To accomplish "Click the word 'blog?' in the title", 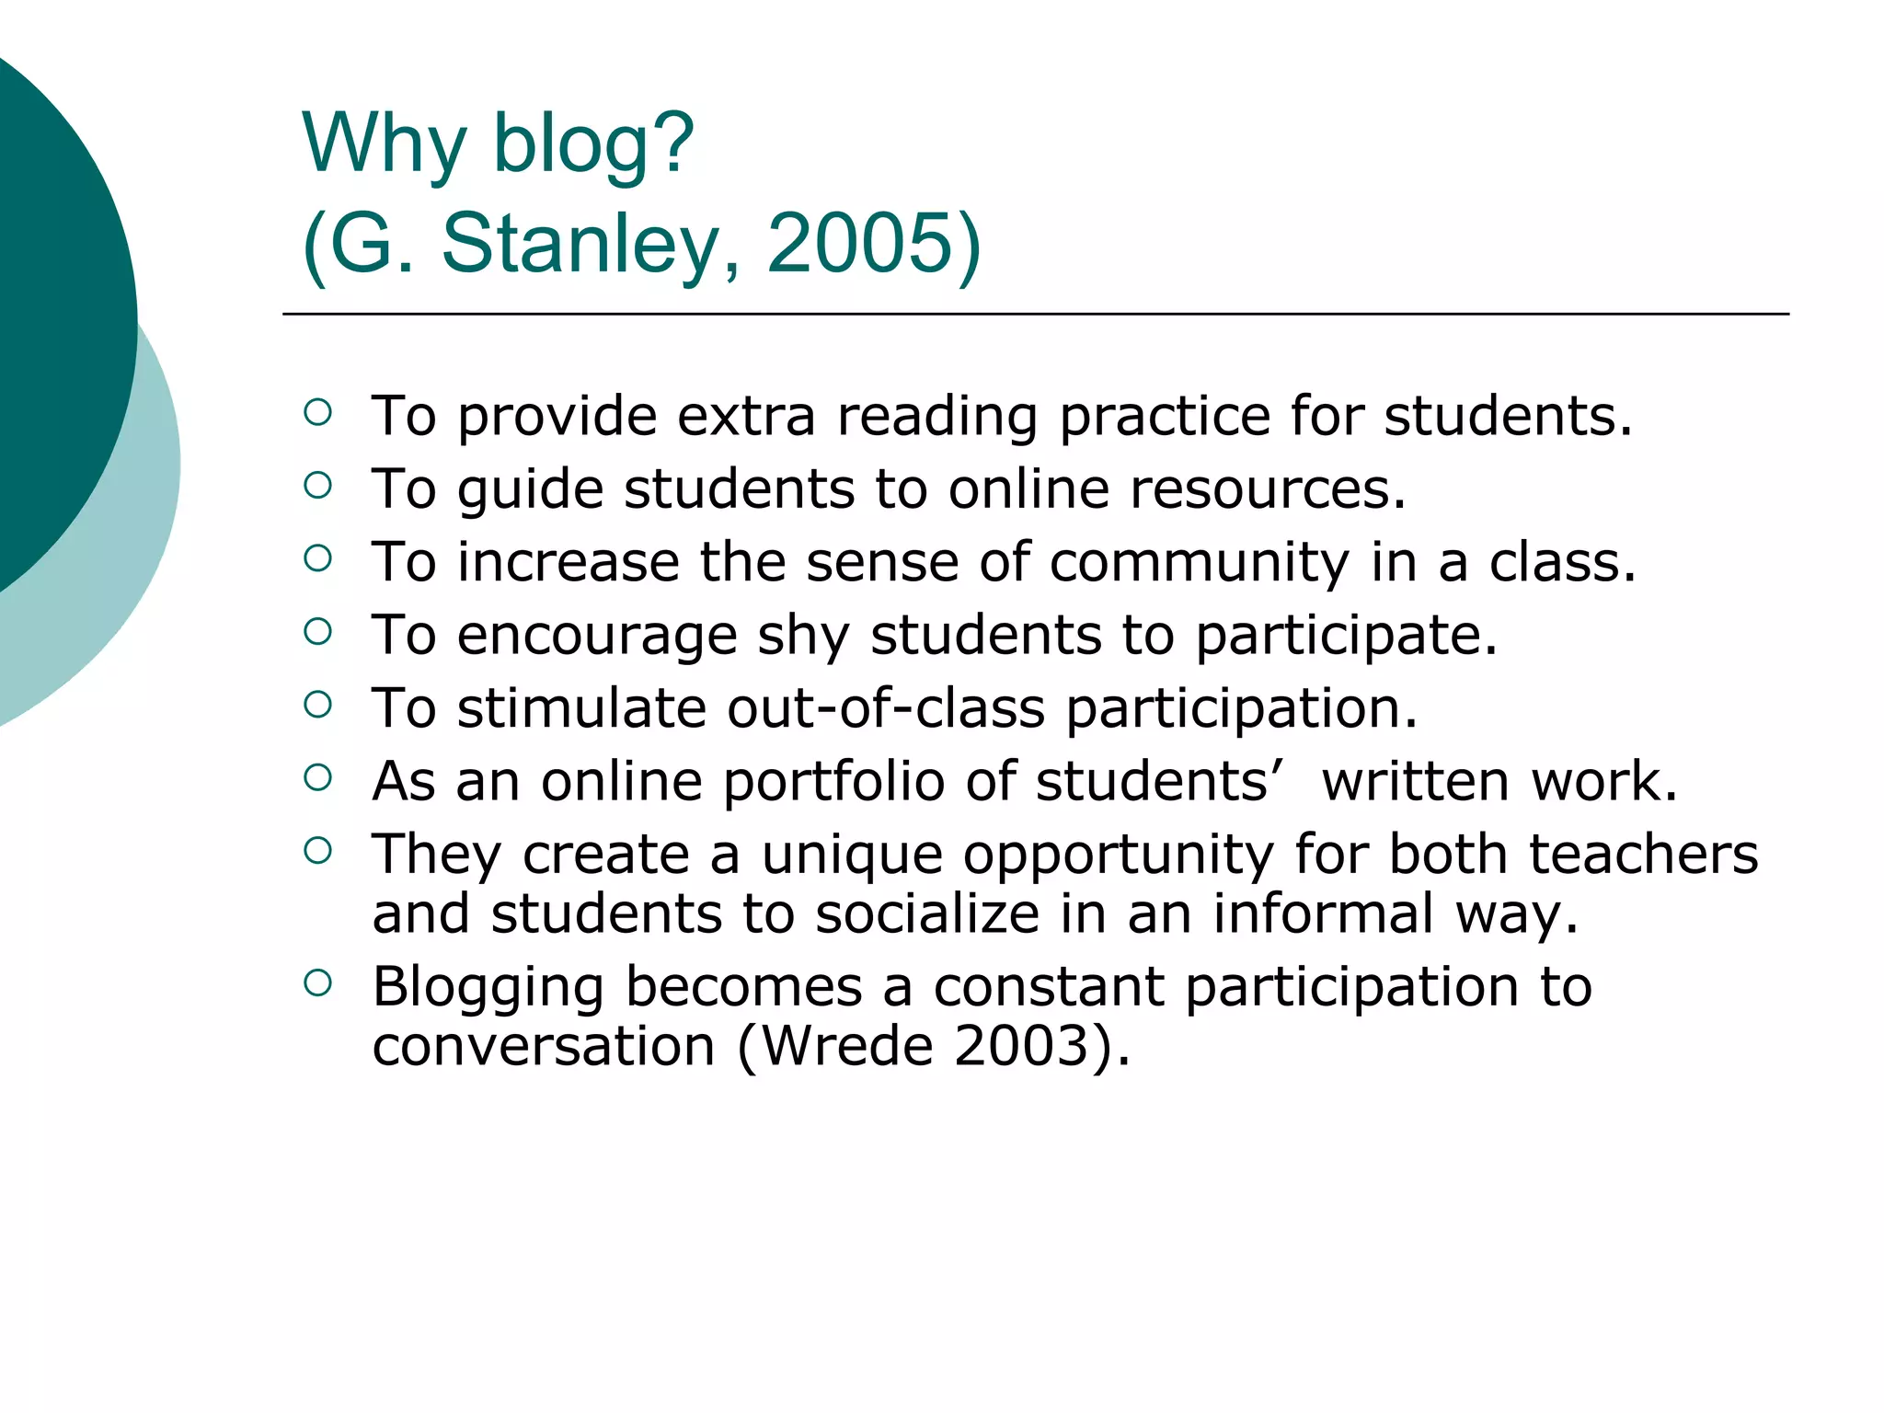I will [593, 144].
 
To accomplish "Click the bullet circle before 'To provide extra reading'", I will [317, 412].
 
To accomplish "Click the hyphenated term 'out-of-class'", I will [886, 708].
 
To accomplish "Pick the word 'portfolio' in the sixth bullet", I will [833, 782].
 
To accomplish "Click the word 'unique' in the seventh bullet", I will [852, 855].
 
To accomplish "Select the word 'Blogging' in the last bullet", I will [488, 988].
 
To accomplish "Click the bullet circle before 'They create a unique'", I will [317, 851].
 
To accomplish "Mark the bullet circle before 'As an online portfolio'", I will [317, 777].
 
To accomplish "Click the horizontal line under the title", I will [1035, 314].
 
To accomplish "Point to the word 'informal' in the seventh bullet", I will [1323, 914].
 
